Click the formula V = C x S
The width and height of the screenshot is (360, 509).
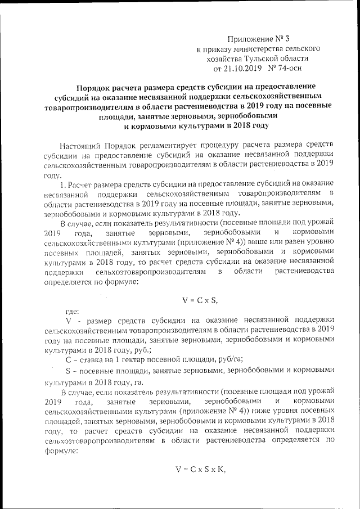coord(200,298)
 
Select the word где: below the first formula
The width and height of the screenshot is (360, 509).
coord(72,310)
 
